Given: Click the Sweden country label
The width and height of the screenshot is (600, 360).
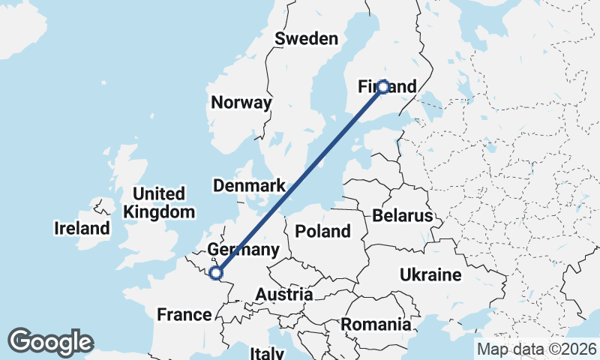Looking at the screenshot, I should pos(306,39).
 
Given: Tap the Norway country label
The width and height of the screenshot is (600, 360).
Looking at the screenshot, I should pos(241,103).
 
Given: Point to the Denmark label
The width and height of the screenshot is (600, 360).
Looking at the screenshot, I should pos(249,185).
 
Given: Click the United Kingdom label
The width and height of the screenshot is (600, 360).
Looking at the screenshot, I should pos(158,202).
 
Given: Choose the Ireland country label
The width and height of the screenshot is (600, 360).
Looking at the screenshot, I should pos(82,228).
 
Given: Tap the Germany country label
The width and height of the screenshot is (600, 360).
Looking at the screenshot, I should pos(243,250).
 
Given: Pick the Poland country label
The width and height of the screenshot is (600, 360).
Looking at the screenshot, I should pos(322,230).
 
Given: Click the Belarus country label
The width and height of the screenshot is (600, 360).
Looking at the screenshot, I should pos(402,216).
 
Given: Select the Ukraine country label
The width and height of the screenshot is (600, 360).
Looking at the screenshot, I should pos(430,274).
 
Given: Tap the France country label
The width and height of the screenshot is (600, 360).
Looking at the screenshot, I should pos(184,314).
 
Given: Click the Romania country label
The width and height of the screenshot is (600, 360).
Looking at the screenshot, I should pos(376,325).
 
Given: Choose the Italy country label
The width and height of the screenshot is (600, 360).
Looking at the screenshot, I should pos(266,352).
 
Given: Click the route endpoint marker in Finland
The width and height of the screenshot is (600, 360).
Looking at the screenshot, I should pos(382,87).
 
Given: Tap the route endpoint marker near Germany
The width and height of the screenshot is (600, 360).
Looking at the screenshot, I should pos(216,273).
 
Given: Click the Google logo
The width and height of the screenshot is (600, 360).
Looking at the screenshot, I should pos(50,342).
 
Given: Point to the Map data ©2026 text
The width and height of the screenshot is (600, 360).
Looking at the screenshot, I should pos(536,349).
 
